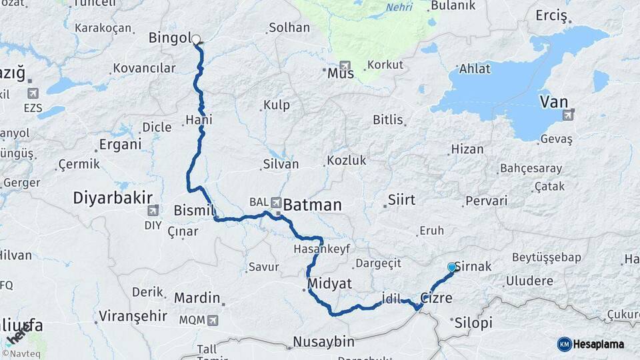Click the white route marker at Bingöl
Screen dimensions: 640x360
196,39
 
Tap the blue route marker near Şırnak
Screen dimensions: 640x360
452,267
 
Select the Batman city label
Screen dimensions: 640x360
312,205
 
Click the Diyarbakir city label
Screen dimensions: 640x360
113,197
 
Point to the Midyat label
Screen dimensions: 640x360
329,283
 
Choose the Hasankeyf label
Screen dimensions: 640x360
321,249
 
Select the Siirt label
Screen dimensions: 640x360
401,200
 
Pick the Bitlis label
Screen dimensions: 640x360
388,120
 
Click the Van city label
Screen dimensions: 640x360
553,102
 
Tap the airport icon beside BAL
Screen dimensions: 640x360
275,201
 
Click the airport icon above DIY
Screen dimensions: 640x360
153,211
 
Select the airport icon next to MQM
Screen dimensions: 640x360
213,320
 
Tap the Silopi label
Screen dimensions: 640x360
473,323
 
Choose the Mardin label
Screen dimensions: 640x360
197,297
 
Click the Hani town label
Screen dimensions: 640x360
199,121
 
